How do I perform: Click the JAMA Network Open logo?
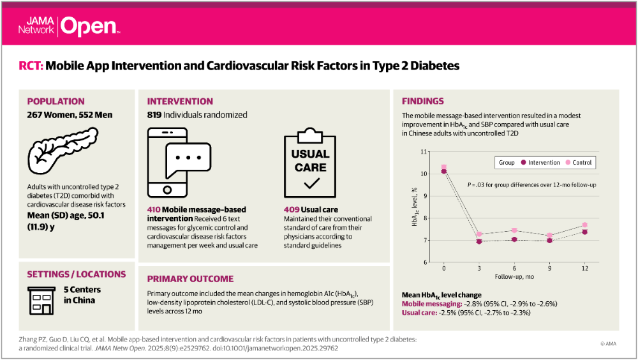click(68, 26)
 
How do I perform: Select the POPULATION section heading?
click(56, 101)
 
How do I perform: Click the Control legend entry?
click(578, 163)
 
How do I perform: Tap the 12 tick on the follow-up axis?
click(584, 268)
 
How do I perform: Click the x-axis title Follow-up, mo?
click(514, 278)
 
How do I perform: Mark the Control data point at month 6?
click(514, 230)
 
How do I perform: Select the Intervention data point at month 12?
click(584, 232)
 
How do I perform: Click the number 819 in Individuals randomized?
click(156, 116)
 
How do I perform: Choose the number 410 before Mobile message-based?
click(155, 209)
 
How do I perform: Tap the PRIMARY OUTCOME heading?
click(190, 279)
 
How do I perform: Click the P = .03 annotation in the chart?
click(475, 185)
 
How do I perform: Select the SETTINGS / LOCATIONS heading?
click(76, 274)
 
